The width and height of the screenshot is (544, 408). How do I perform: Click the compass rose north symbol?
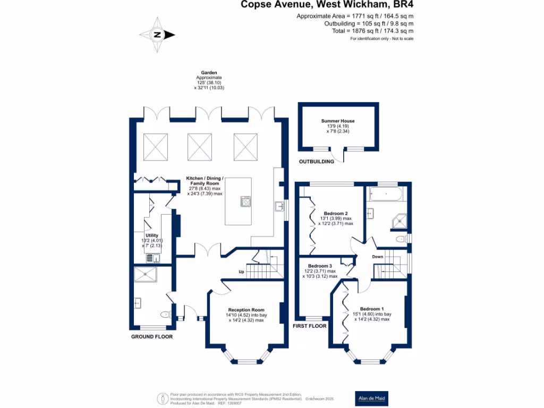(157, 35)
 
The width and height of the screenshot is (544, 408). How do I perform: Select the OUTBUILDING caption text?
(317, 161)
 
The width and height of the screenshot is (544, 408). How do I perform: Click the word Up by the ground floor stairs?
(241, 273)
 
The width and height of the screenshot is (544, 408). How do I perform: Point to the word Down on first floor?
(377, 257)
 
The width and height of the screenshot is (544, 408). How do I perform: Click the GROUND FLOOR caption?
(152, 337)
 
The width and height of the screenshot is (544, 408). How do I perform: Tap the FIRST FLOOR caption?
(310, 326)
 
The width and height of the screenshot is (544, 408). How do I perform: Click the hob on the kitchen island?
(247, 201)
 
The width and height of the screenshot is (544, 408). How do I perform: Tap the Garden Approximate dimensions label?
(209, 80)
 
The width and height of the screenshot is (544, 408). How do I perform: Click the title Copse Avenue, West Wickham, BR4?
(327, 5)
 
